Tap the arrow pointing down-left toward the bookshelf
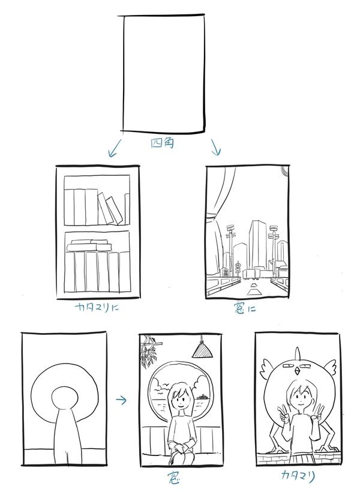[114, 148]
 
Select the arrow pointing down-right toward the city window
[215, 147]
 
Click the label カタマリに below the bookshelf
[97, 307]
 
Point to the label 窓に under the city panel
[245, 309]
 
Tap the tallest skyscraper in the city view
[257, 245]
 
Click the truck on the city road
[251, 274]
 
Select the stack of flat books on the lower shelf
[89, 245]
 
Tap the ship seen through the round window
[202, 397]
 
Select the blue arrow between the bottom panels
[121, 400]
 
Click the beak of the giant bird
[297, 372]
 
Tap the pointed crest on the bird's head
[297, 353]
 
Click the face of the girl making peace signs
[299, 398]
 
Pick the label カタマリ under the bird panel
[298, 476]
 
